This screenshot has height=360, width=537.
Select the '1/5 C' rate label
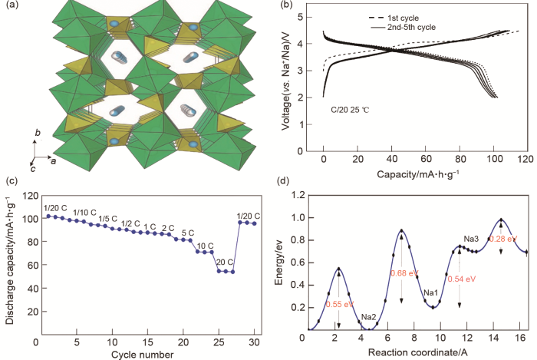tap(108, 219)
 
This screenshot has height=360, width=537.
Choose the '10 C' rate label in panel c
tap(205, 246)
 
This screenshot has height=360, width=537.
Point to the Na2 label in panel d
tap(368, 316)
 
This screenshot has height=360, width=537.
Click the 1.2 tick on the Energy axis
tap(296, 195)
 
